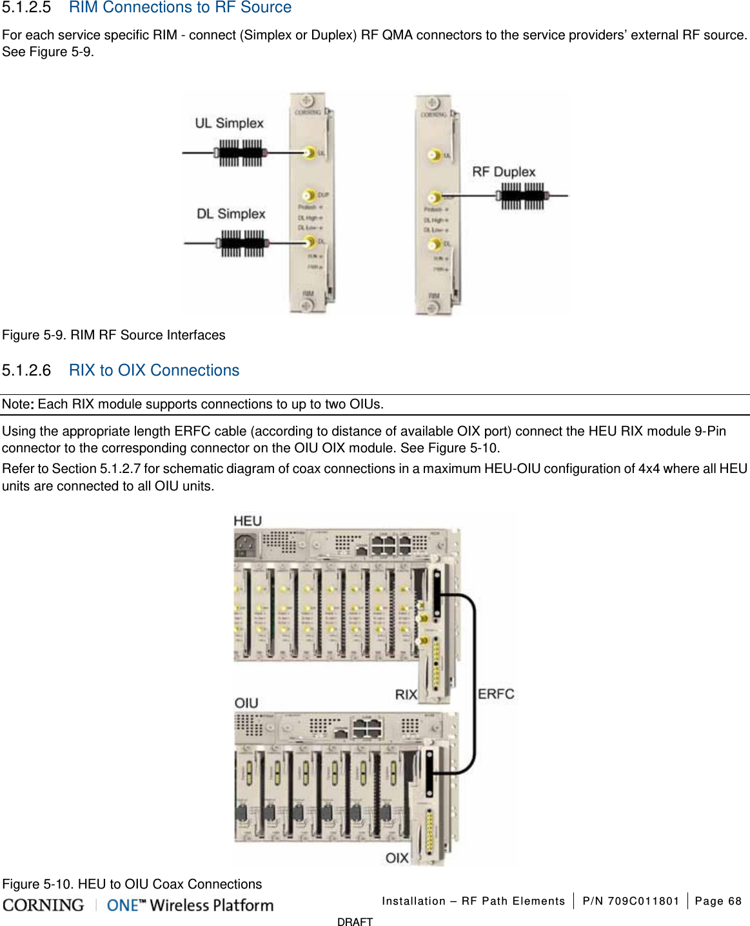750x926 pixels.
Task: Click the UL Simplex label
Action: coord(229,123)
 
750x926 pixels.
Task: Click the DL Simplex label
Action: coord(231,214)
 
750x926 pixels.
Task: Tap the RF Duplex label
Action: coord(504,172)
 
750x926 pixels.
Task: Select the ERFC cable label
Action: coord(496,694)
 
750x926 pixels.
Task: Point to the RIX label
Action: coord(406,694)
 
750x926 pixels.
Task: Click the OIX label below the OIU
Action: coord(397,858)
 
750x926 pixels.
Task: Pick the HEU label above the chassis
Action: coord(248,521)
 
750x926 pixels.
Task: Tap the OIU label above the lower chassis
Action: coord(246,703)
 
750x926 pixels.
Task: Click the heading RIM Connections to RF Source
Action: coord(180,8)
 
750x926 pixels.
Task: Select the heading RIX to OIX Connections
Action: coord(154,370)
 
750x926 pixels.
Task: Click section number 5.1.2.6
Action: coord(26,370)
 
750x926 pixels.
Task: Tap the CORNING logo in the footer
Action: coord(43,905)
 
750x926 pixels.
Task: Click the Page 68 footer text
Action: coord(718,901)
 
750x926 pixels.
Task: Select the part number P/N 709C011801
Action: coord(630,901)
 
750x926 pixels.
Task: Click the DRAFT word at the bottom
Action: coord(355,921)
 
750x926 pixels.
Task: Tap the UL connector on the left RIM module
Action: coord(310,153)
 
